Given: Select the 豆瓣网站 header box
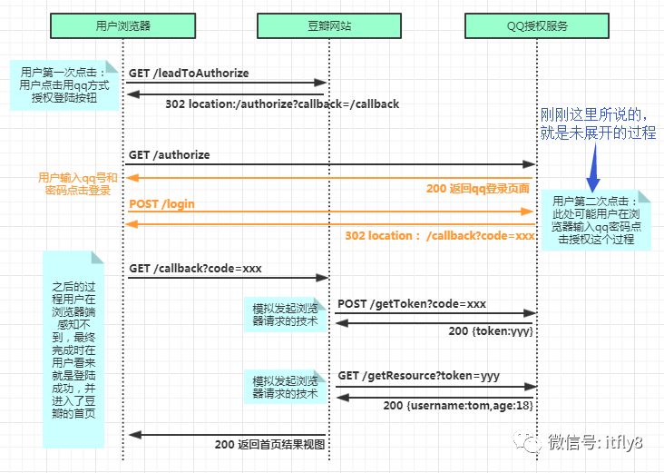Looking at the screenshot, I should click(x=329, y=25).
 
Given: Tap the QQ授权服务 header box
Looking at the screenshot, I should click(x=537, y=25).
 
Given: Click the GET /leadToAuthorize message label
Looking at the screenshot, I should click(x=189, y=73).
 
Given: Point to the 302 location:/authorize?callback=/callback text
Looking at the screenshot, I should click(x=282, y=104).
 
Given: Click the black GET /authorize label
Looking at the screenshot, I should click(x=169, y=155).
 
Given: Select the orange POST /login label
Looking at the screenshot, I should click(x=161, y=204).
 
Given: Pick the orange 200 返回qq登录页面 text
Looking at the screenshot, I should click(x=478, y=188).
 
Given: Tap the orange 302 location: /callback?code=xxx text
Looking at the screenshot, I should click(x=440, y=236).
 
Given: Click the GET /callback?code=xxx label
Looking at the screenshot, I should click(x=196, y=269).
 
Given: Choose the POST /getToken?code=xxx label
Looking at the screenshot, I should click(x=412, y=303).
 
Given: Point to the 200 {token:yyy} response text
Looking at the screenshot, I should click(x=490, y=331).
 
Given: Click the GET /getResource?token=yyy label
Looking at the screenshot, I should click(x=418, y=375).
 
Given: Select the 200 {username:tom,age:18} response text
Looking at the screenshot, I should click(x=457, y=405).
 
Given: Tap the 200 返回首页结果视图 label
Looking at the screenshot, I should click(x=269, y=444).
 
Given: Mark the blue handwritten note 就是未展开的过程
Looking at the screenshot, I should click(x=597, y=133).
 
